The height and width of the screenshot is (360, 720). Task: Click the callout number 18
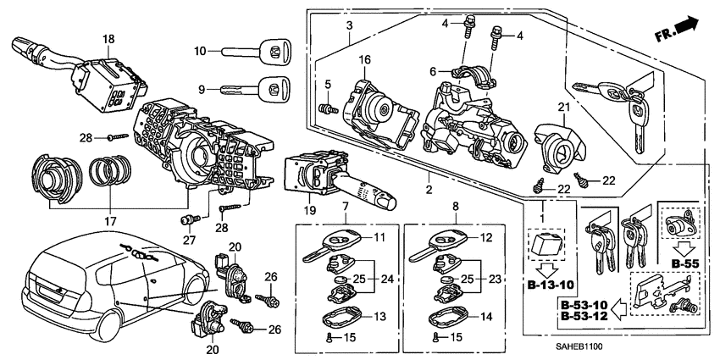pyautogui.click(x=108, y=40)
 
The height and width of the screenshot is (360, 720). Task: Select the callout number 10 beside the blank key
pyautogui.click(x=200, y=52)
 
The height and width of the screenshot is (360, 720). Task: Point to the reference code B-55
pyautogui.click(x=685, y=263)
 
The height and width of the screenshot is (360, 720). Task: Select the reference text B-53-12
pyautogui.click(x=584, y=316)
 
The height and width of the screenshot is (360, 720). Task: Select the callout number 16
pyautogui.click(x=365, y=60)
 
